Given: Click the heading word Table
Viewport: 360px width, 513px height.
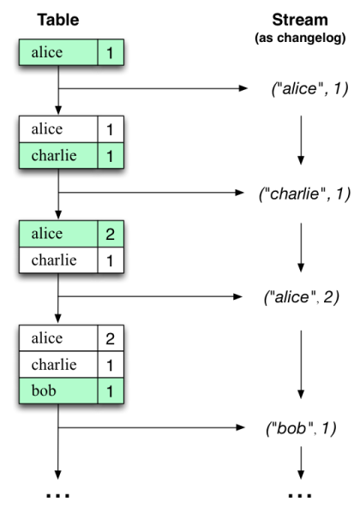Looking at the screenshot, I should tap(57, 18).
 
